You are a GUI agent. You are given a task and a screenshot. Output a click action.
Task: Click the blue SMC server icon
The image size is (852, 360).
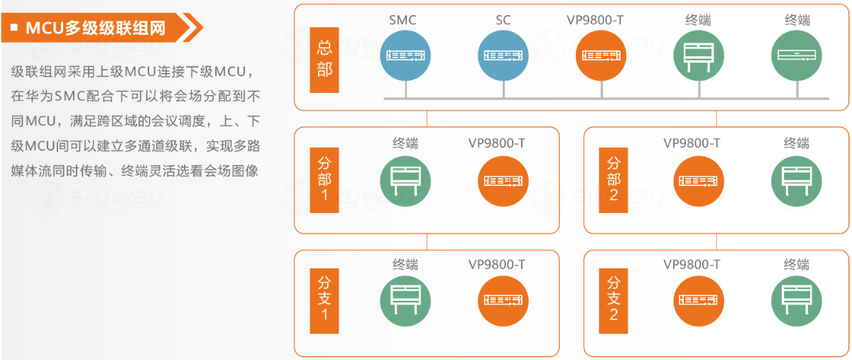(x=405, y=55)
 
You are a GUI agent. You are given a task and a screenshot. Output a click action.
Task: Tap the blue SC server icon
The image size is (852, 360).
(x=503, y=55)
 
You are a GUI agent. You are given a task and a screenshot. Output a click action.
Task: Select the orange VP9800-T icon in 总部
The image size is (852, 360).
(x=601, y=55)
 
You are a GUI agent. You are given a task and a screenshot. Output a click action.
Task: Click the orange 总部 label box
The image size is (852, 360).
(x=324, y=60)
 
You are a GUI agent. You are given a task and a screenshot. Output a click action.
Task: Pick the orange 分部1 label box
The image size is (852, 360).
(x=324, y=180)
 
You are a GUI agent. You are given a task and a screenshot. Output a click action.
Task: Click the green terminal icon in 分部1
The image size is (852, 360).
(x=405, y=180)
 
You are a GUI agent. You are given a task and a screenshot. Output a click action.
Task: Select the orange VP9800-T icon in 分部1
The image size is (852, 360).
(x=503, y=180)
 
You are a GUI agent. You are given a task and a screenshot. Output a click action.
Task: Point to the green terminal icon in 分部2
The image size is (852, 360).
(x=797, y=180)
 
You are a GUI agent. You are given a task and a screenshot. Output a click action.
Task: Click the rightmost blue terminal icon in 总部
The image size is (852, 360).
(x=797, y=55)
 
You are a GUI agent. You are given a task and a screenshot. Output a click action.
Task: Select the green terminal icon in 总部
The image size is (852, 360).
(x=699, y=55)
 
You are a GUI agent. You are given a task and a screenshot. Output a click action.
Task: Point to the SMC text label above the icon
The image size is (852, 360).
(x=403, y=20)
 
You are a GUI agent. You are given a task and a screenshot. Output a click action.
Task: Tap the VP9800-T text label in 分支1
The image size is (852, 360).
(x=496, y=265)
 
